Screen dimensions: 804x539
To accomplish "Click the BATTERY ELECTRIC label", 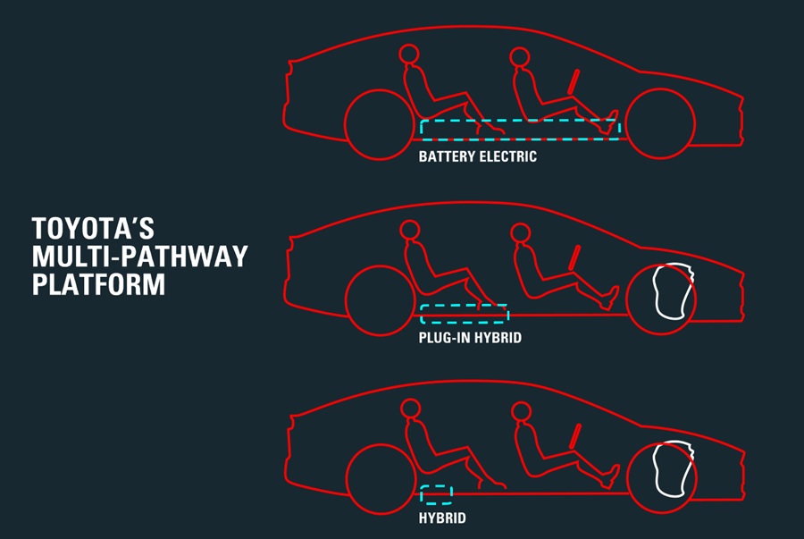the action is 477,156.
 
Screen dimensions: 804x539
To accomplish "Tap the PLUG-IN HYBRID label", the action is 470,338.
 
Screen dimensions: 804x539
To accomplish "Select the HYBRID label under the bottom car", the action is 442,518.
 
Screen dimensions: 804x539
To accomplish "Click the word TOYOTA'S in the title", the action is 93,228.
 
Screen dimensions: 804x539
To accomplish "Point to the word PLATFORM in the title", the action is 98,284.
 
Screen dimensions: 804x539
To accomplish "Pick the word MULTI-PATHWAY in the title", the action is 139,256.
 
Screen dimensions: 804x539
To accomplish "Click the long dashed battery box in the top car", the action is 520,121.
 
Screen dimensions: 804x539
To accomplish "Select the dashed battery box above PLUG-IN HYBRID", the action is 464,306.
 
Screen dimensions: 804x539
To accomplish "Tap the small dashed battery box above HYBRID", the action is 436,486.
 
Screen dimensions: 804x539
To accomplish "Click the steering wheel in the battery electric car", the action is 574,82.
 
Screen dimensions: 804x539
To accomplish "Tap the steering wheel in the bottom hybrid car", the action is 574,436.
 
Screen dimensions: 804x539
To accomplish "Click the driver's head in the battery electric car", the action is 519,56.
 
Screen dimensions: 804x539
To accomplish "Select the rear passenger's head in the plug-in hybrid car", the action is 410,231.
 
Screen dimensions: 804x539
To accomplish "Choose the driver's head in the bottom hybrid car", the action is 521,411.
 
